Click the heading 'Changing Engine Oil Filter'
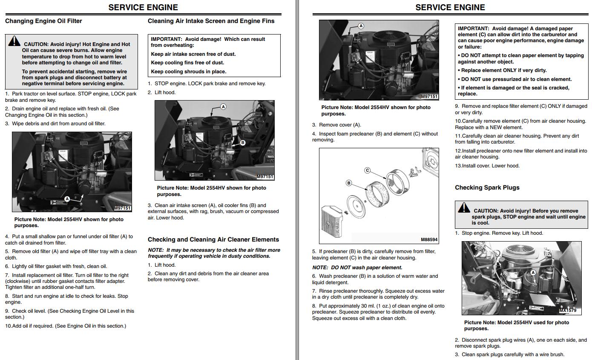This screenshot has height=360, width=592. pyautogui.click(x=43, y=21)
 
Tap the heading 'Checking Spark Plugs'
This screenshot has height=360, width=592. pyautogui.click(x=487, y=187)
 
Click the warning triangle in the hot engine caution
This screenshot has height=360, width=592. pyautogui.click(x=14, y=41)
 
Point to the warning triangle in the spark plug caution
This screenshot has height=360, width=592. pyautogui.click(x=464, y=207)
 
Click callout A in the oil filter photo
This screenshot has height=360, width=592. pyautogui.click(x=67, y=199)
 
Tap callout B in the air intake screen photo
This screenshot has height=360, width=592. pyautogui.click(x=242, y=143)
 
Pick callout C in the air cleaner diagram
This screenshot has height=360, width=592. pyautogui.click(x=368, y=170)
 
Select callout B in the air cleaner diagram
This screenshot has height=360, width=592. pyautogui.click(x=349, y=183)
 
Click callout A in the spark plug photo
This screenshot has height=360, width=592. pyautogui.click(x=533, y=273)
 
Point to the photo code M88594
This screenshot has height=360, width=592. pyautogui.click(x=429, y=240)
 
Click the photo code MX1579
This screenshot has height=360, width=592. pyautogui.click(x=567, y=311)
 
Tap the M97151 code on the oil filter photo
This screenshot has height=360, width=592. pyautogui.click(x=123, y=208)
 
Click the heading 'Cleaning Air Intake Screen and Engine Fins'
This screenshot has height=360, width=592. pyautogui.click(x=211, y=21)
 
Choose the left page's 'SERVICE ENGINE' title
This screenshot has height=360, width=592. pyautogui.click(x=143, y=7)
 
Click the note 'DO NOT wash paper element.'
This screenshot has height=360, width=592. pyautogui.click(x=357, y=268)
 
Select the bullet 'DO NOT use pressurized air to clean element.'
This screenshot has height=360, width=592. pyautogui.click(x=514, y=79)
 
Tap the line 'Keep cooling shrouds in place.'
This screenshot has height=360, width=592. pyautogui.click(x=189, y=72)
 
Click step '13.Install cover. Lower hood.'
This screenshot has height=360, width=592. pyautogui.click(x=487, y=166)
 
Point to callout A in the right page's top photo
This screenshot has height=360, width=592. pyautogui.click(x=361, y=26)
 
